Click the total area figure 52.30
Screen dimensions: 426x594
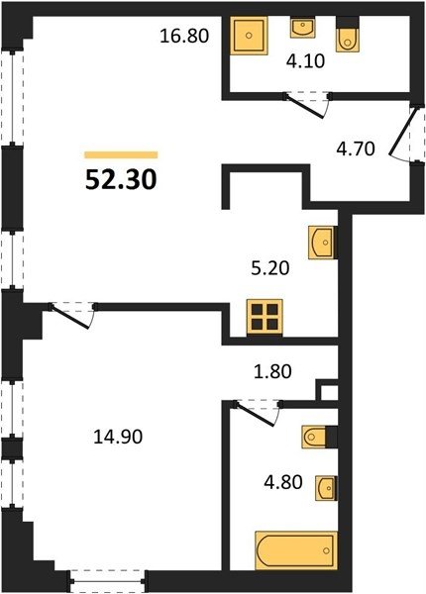click(121, 179)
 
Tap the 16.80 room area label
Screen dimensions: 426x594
click(184, 36)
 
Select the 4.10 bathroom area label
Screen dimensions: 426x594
click(305, 61)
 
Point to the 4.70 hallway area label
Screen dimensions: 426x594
click(356, 148)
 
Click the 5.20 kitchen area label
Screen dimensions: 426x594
click(270, 268)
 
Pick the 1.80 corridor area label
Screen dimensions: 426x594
click(272, 371)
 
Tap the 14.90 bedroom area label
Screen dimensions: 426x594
click(118, 437)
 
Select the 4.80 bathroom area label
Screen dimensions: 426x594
click(283, 483)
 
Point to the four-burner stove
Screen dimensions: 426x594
click(265, 317)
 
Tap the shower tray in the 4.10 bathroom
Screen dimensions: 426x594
click(249, 36)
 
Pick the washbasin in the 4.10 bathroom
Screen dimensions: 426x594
click(302, 28)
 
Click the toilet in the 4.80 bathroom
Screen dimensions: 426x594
click(314, 438)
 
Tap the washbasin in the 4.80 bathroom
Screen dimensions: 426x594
click(326, 488)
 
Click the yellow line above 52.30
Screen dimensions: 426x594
click(121, 154)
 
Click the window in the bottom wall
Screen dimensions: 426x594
click(108, 581)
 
